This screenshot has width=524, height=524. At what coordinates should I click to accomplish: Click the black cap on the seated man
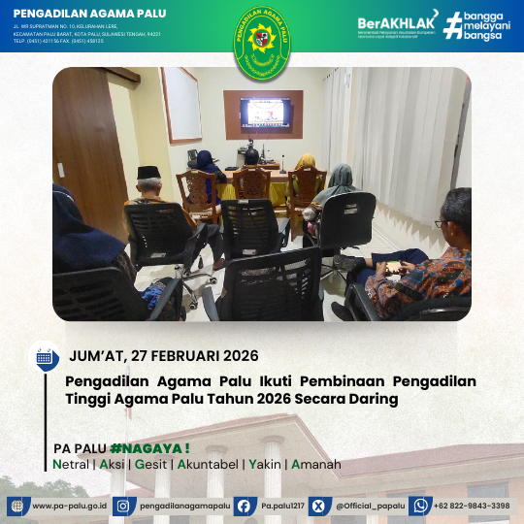click(147, 172)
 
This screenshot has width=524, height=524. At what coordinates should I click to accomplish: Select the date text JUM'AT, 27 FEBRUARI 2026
click(164, 355)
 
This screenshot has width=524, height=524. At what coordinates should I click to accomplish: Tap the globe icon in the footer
click(18, 506)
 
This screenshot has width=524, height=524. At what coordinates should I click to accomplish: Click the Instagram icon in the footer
click(122, 506)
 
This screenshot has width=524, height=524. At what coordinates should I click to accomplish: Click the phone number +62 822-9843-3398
click(473, 506)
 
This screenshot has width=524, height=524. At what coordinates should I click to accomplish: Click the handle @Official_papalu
click(370, 506)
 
